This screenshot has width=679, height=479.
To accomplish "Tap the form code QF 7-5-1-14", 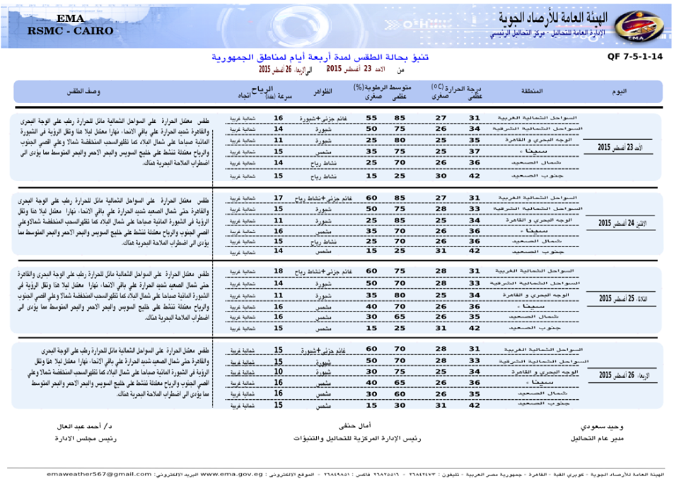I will click(634, 57).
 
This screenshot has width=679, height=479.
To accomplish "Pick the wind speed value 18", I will click(278, 271).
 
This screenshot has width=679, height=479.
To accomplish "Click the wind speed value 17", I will click(278, 197).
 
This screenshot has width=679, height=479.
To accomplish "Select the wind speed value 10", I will click(278, 371).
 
